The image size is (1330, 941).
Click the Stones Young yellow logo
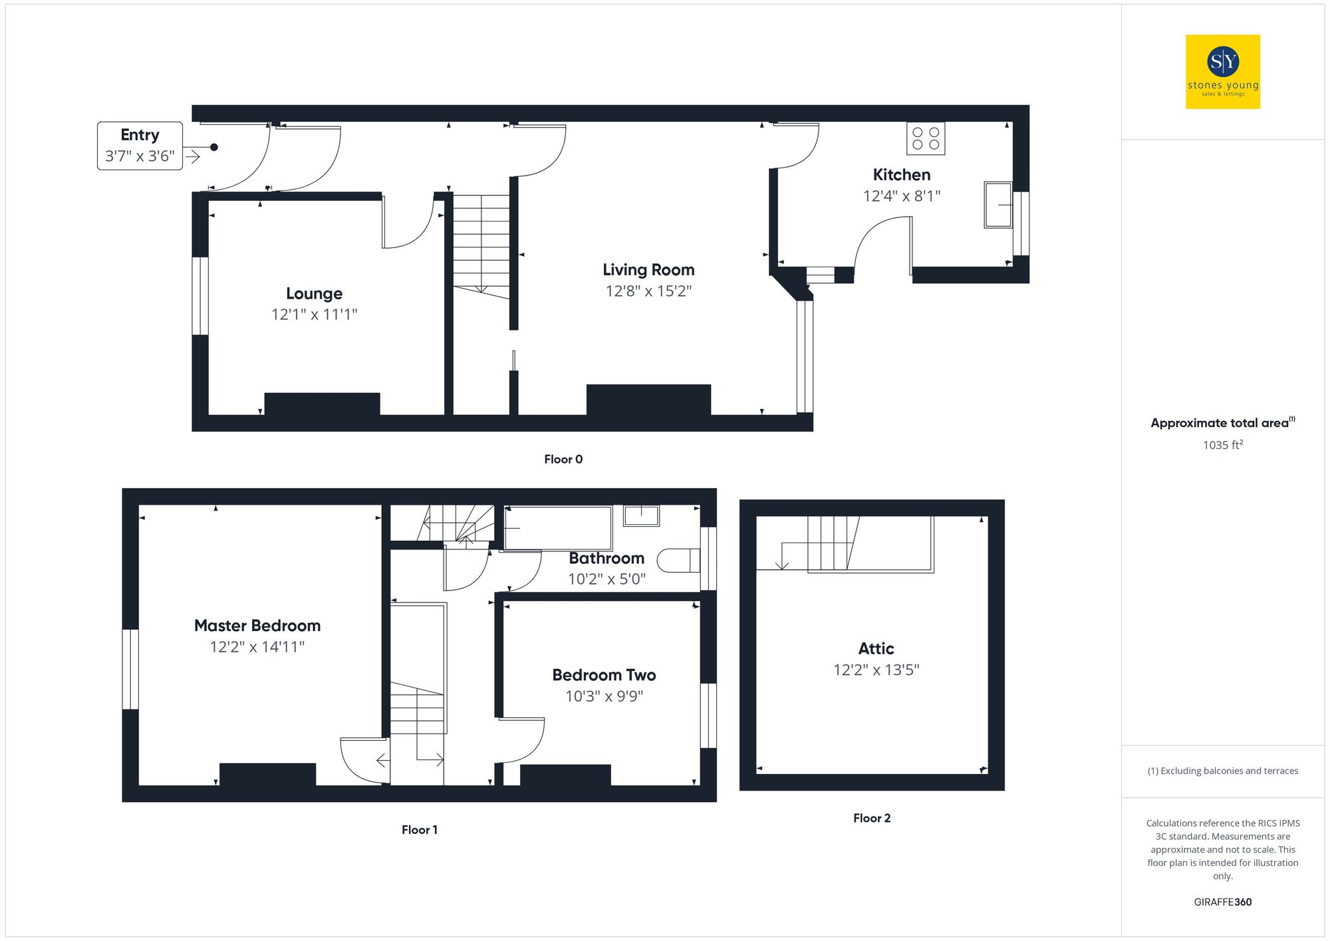point(1222,72)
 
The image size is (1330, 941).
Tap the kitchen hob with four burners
point(925,138)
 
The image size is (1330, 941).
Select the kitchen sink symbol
point(997,205)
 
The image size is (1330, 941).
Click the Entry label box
point(140,146)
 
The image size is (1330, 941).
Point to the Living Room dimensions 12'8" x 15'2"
point(648,291)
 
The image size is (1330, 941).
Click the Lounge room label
point(314,293)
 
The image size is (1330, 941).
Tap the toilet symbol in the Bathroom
point(678,561)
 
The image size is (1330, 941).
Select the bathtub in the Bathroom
point(557,528)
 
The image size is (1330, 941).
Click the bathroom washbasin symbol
point(641,515)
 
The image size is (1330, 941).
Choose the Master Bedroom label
point(257,626)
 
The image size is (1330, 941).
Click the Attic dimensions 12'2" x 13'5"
point(876,670)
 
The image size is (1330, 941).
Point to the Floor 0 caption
point(563,460)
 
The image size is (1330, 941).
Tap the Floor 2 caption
point(871,819)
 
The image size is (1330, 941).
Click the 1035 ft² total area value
point(1222,445)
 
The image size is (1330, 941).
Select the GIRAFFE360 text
point(1222,902)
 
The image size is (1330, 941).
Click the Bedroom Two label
point(604,675)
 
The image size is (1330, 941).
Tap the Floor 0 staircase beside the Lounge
point(481,243)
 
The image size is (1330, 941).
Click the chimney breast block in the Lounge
point(322,404)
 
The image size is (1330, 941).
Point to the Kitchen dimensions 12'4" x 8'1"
point(901,196)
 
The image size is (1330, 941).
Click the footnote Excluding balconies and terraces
point(1222,771)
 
